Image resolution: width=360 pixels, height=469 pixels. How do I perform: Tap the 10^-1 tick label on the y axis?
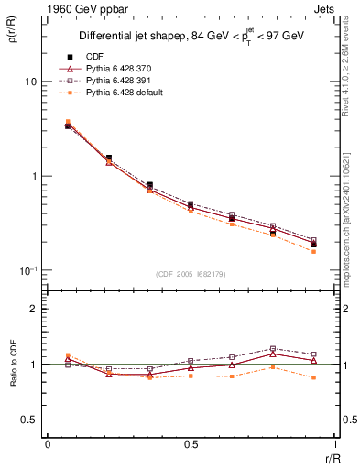[28, 270]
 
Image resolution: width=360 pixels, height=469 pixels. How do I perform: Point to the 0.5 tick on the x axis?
[191, 444]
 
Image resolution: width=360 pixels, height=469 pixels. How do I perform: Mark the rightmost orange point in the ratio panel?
[313, 377]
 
